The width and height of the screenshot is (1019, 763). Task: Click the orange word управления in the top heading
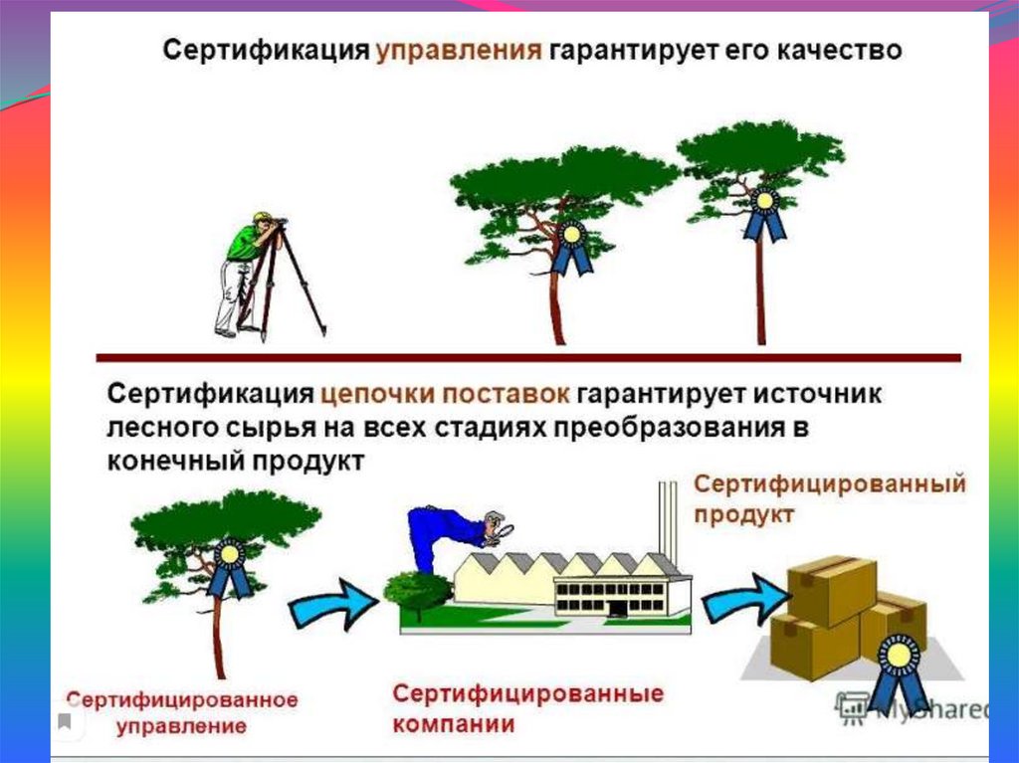coord(459,51)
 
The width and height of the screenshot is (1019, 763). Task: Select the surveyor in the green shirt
coord(240,269)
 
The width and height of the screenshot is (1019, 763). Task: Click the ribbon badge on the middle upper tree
coord(572,248)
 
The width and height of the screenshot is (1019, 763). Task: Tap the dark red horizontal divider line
coord(527,357)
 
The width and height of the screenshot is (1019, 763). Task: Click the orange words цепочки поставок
coord(446,392)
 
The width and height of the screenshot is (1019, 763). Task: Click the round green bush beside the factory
coord(417,591)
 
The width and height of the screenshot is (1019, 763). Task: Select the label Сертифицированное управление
coord(181,711)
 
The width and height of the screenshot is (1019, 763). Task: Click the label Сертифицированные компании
coord(527,707)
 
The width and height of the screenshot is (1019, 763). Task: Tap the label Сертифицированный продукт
coord(829,498)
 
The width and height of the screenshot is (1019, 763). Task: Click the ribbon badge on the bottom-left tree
coord(230,567)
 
